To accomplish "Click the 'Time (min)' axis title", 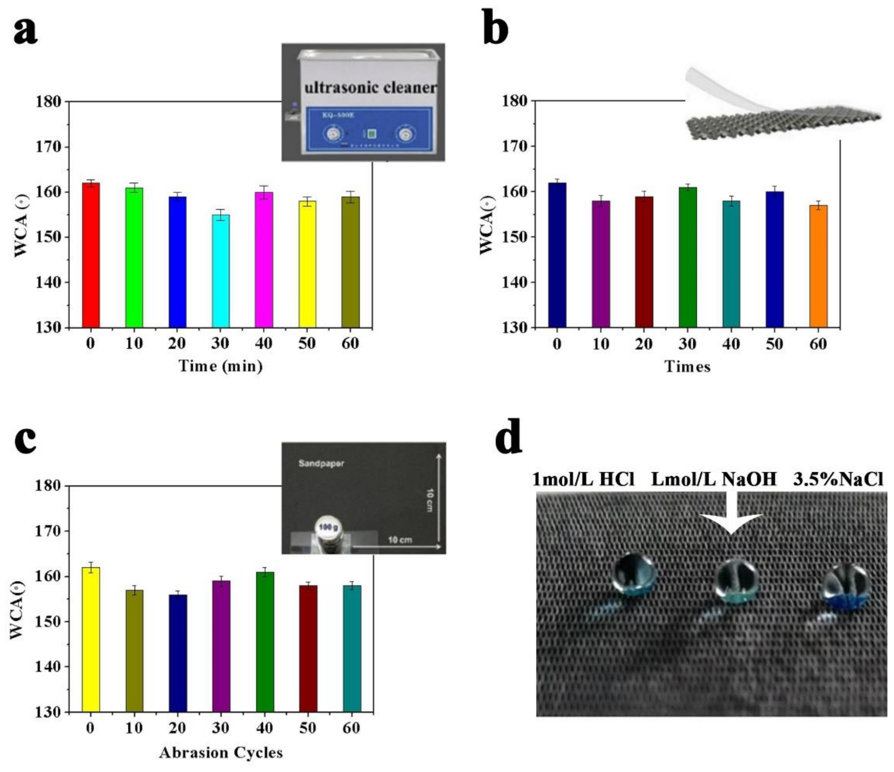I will (220, 366).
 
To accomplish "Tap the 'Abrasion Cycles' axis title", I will (220, 752).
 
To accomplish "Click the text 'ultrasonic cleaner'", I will (370, 88).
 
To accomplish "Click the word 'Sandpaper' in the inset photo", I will (321, 464).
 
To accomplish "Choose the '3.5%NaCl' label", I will (838, 479).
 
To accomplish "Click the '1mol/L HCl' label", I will (583, 479).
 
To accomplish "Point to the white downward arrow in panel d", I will (731, 517).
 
